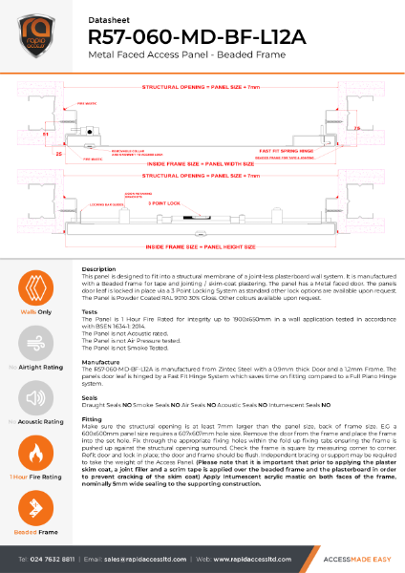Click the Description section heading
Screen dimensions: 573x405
click(99, 269)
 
